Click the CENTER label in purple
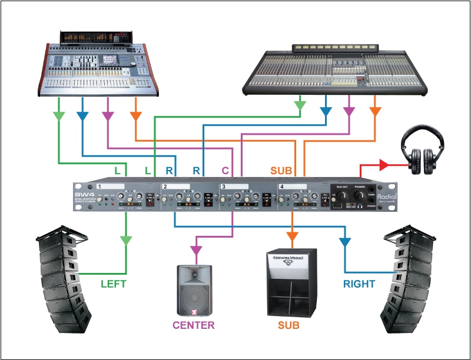pyautogui.click(x=194, y=324)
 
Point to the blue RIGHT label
pyautogui.click(x=359, y=284)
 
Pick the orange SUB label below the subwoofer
pyautogui.click(x=289, y=324)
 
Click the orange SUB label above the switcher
pyautogui.click(x=281, y=171)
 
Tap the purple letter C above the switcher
pyautogui.click(x=225, y=171)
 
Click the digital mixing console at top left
pyautogui.click(x=97, y=65)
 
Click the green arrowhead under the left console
pyautogui.click(x=59, y=115)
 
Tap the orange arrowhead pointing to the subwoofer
pyautogui.click(x=292, y=236)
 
